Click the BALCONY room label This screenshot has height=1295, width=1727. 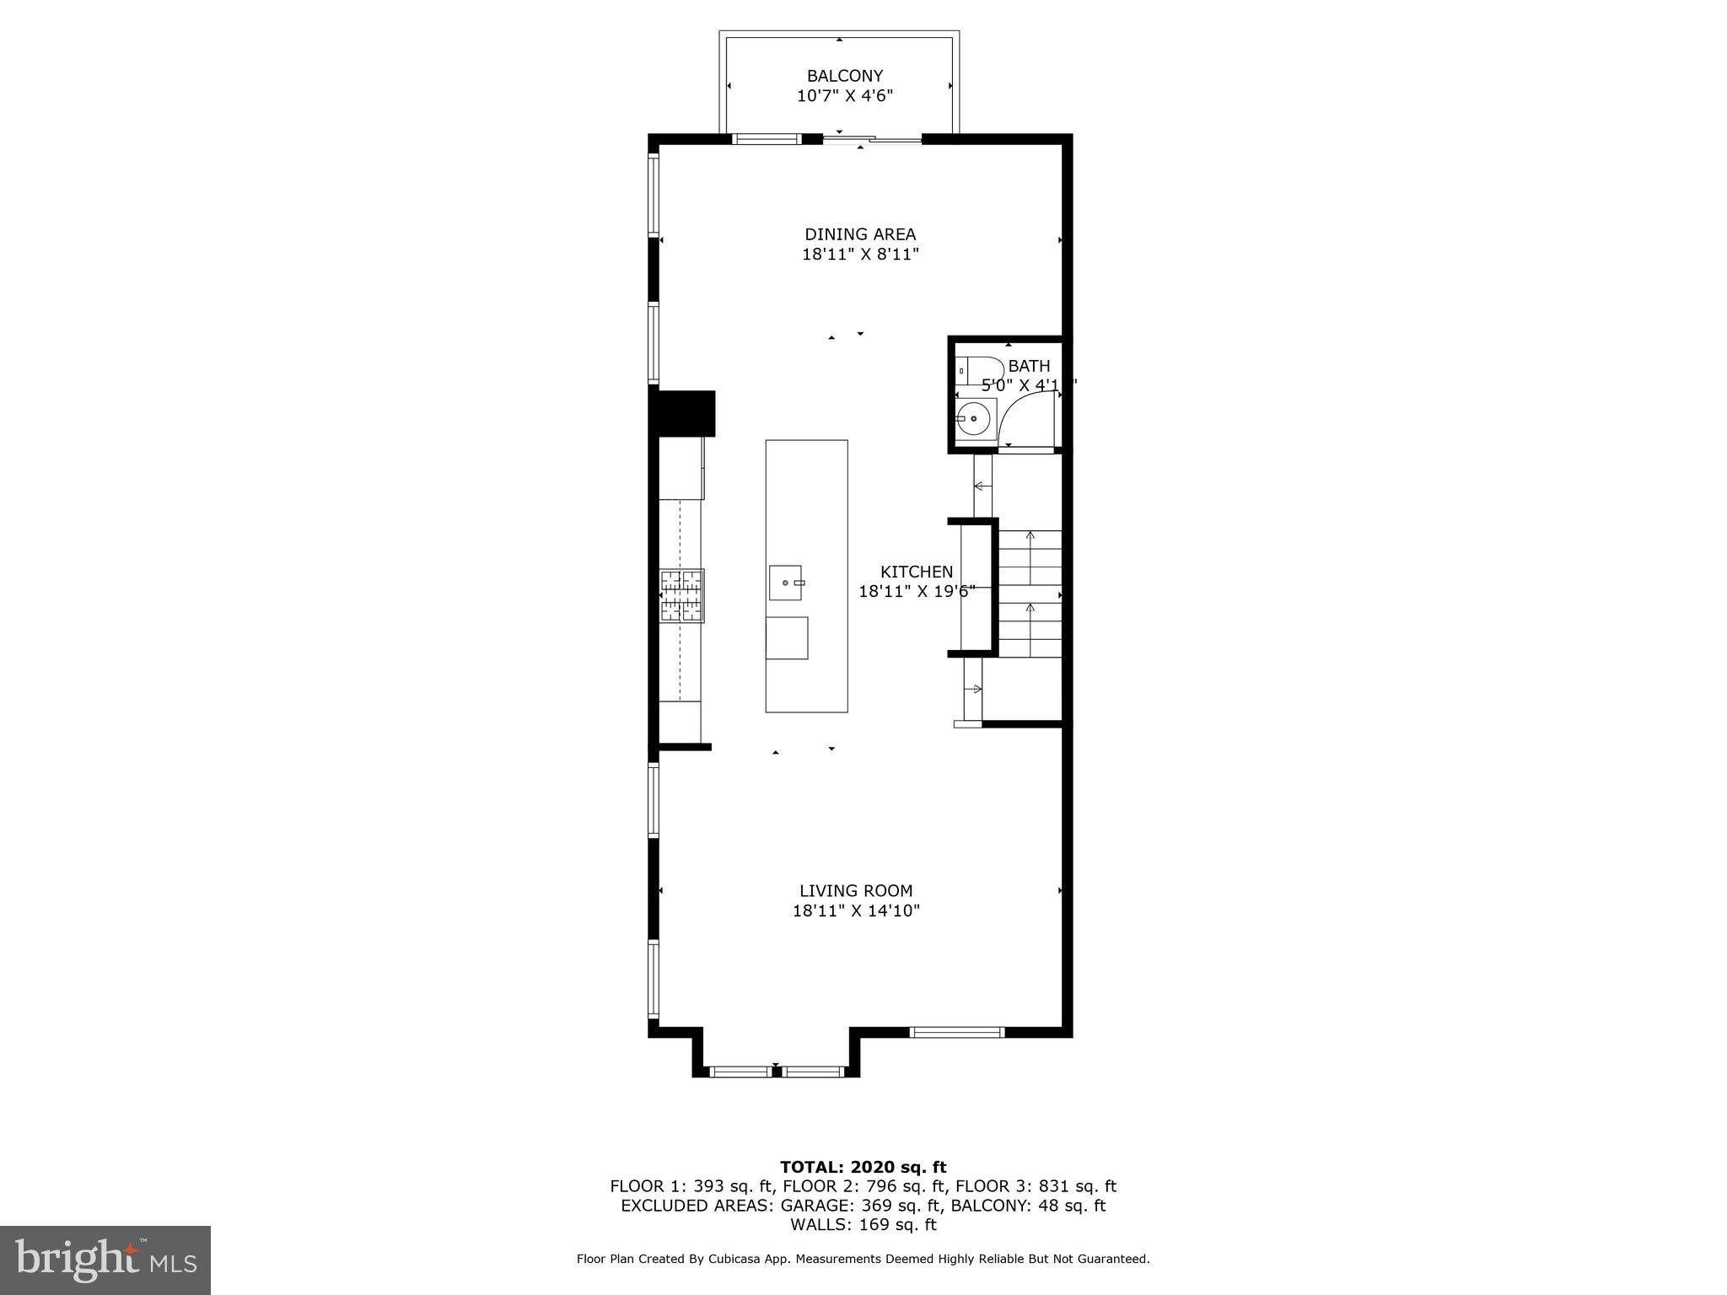pyautogui.click(x=844, y=76)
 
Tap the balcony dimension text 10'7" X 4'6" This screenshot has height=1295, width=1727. pyautogui.click(x=844, y=96)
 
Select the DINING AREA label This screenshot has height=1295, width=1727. pyautogui.click(x=859, y=234)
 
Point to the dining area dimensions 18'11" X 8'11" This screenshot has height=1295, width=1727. pyautogui.click(x=859, y=255)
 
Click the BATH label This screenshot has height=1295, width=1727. pyautogui.click(x=1029, y=366)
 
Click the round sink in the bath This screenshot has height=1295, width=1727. pyautogui.click(x=974, y=418)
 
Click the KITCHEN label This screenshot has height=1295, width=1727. pyautogui.click(x=916, y=572)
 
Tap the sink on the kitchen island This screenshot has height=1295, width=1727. pyautogui.click(x=785, y=583)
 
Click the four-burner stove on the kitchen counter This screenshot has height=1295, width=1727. pyautogui.click(x=681, y=596)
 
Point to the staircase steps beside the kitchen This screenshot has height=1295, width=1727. pyautogui.click(x=1030, y=594)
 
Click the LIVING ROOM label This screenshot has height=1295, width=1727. pyautogui.click(x=855, y=890)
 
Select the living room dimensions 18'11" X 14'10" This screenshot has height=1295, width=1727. pyautogui.click(x=855, y=911)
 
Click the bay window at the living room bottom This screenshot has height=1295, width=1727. pyautogui.click(x=776, y=1072)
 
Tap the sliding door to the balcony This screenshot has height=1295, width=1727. pyautogui.click(x=872, y=140)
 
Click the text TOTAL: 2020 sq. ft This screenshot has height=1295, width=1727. pyautogui.click(x=863, y=1167)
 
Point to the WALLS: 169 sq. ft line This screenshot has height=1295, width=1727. pyautogui.click(x=863, y=1224)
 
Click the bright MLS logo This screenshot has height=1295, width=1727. pyautogui.click(x=105, y=1260)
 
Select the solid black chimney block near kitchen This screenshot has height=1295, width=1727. pyautogui.click(x=685, y=413)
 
